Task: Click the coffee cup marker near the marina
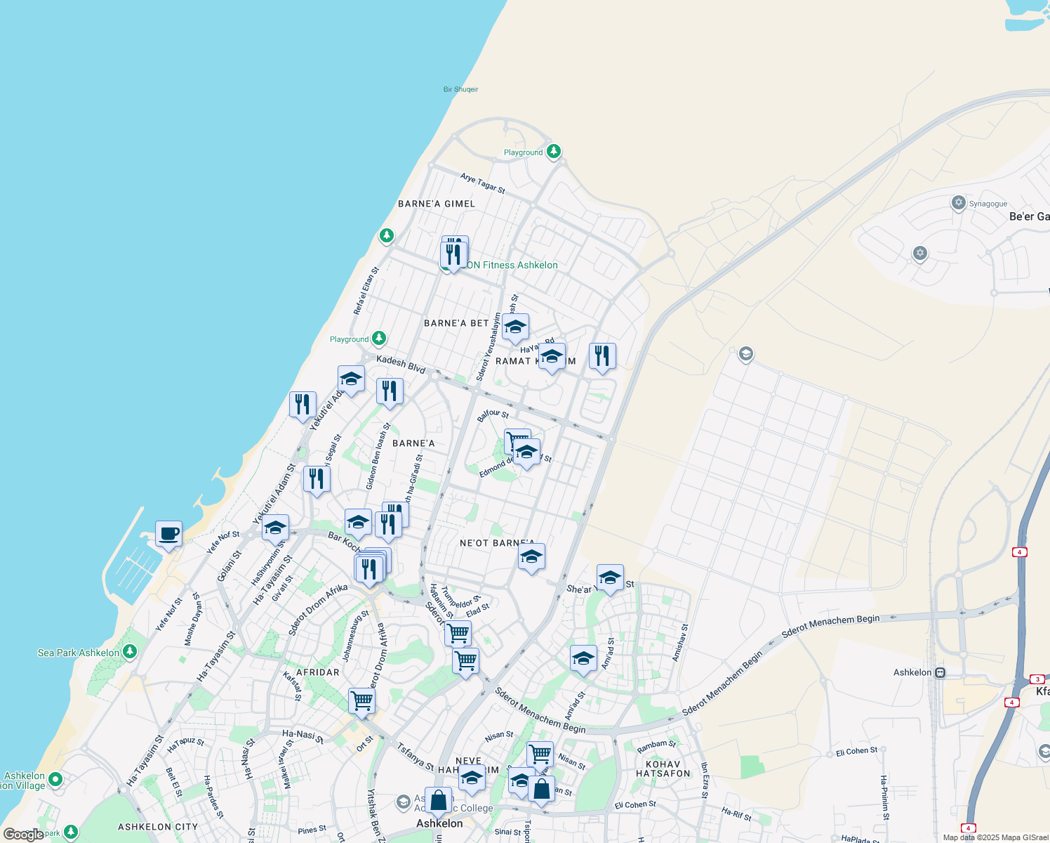168,534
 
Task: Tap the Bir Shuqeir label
460,89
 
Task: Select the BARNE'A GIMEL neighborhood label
437,204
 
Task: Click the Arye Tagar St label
483,183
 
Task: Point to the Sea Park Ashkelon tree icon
129,652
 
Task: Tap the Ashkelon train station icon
941,672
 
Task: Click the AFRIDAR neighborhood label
318,672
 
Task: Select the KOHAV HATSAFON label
663,769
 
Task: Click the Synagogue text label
988,204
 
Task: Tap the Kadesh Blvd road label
401,364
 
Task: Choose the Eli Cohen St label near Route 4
856,752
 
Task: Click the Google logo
23,835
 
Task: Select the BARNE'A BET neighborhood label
456,323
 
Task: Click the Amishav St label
680,643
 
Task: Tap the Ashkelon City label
158,827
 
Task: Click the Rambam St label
656,745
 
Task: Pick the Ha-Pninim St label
884,797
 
